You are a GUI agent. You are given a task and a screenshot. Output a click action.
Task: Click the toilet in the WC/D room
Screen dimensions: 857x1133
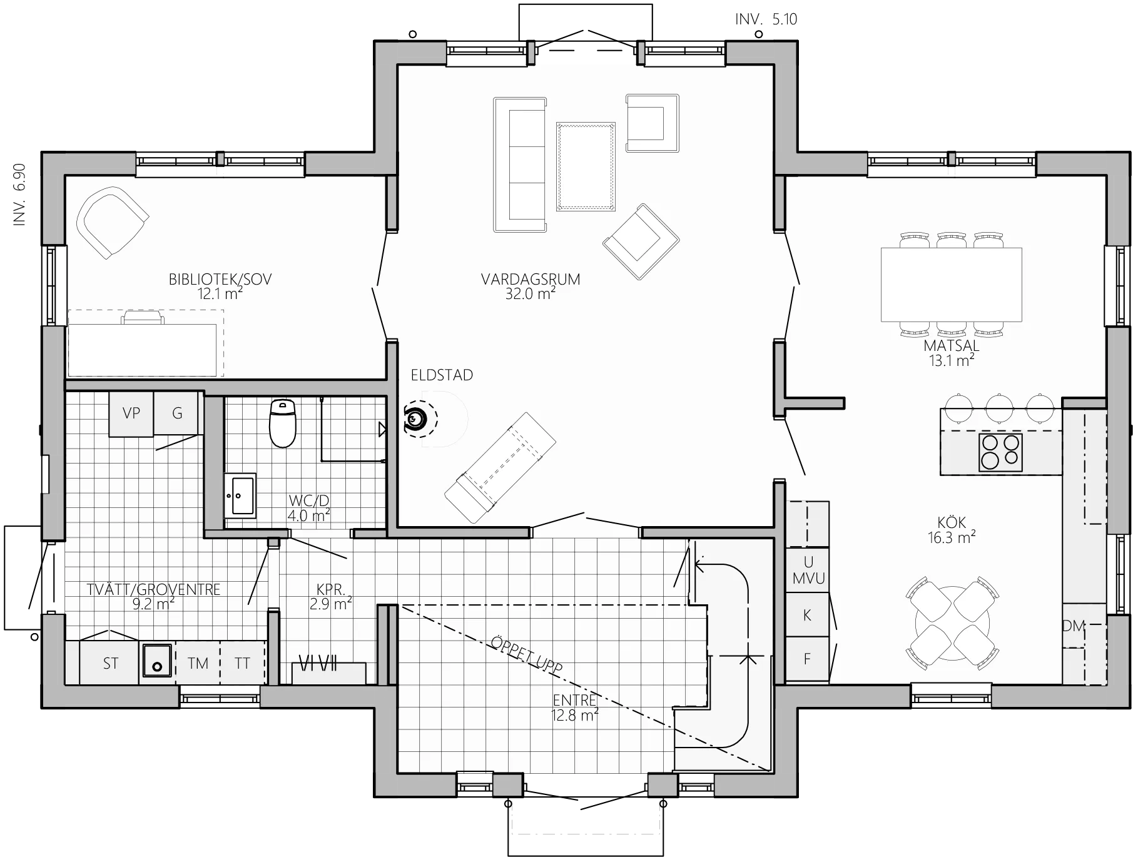click(x=282, y=423)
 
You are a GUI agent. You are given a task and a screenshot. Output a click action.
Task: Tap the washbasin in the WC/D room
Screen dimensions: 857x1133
click(x=240, y=495)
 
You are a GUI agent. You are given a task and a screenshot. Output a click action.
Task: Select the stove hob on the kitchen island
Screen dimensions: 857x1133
click(x=1000, y=452)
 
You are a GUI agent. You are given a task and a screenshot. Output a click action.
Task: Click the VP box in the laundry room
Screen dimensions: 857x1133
click(x=131, y=413)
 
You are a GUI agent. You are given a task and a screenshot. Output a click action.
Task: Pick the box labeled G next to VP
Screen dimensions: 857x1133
click(x=177, y=413)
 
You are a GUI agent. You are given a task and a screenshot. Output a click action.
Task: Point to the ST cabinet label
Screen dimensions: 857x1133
click(x=111, y=664)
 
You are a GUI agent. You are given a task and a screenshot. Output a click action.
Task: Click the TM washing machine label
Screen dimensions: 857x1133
click(x=198, y=664)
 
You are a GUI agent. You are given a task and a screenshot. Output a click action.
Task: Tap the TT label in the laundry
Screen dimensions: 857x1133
click(x=242, y=664)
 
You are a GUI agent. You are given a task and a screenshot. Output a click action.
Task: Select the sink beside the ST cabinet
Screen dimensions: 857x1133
click(x=156, y=661)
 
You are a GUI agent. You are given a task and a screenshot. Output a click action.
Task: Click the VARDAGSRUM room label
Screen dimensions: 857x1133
click(x=531, y=280)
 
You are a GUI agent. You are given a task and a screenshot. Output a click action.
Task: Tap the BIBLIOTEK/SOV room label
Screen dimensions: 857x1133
click(x=220, y=280)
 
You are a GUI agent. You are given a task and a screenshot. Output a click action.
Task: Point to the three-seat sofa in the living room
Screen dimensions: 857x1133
click(x=519, y=165)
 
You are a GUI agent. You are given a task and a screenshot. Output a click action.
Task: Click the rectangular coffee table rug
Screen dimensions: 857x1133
click(x=586, y=166)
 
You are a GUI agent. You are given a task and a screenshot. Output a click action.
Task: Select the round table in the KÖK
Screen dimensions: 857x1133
click(x=952, y=623)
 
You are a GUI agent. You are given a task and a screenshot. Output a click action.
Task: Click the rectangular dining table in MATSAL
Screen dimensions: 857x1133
click(x=951, y=285)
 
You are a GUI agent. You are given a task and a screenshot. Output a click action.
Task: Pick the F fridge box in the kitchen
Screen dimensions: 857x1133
click(x=807, y=659)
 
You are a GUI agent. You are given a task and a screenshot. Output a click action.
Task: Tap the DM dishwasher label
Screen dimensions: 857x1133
click(x=1073, y=625)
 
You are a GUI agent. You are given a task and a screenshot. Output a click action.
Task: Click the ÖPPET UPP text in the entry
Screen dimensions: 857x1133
click(x=526, y=655)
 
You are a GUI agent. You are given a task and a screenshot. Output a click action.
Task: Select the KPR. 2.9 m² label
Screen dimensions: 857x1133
click(x=330, y=597)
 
